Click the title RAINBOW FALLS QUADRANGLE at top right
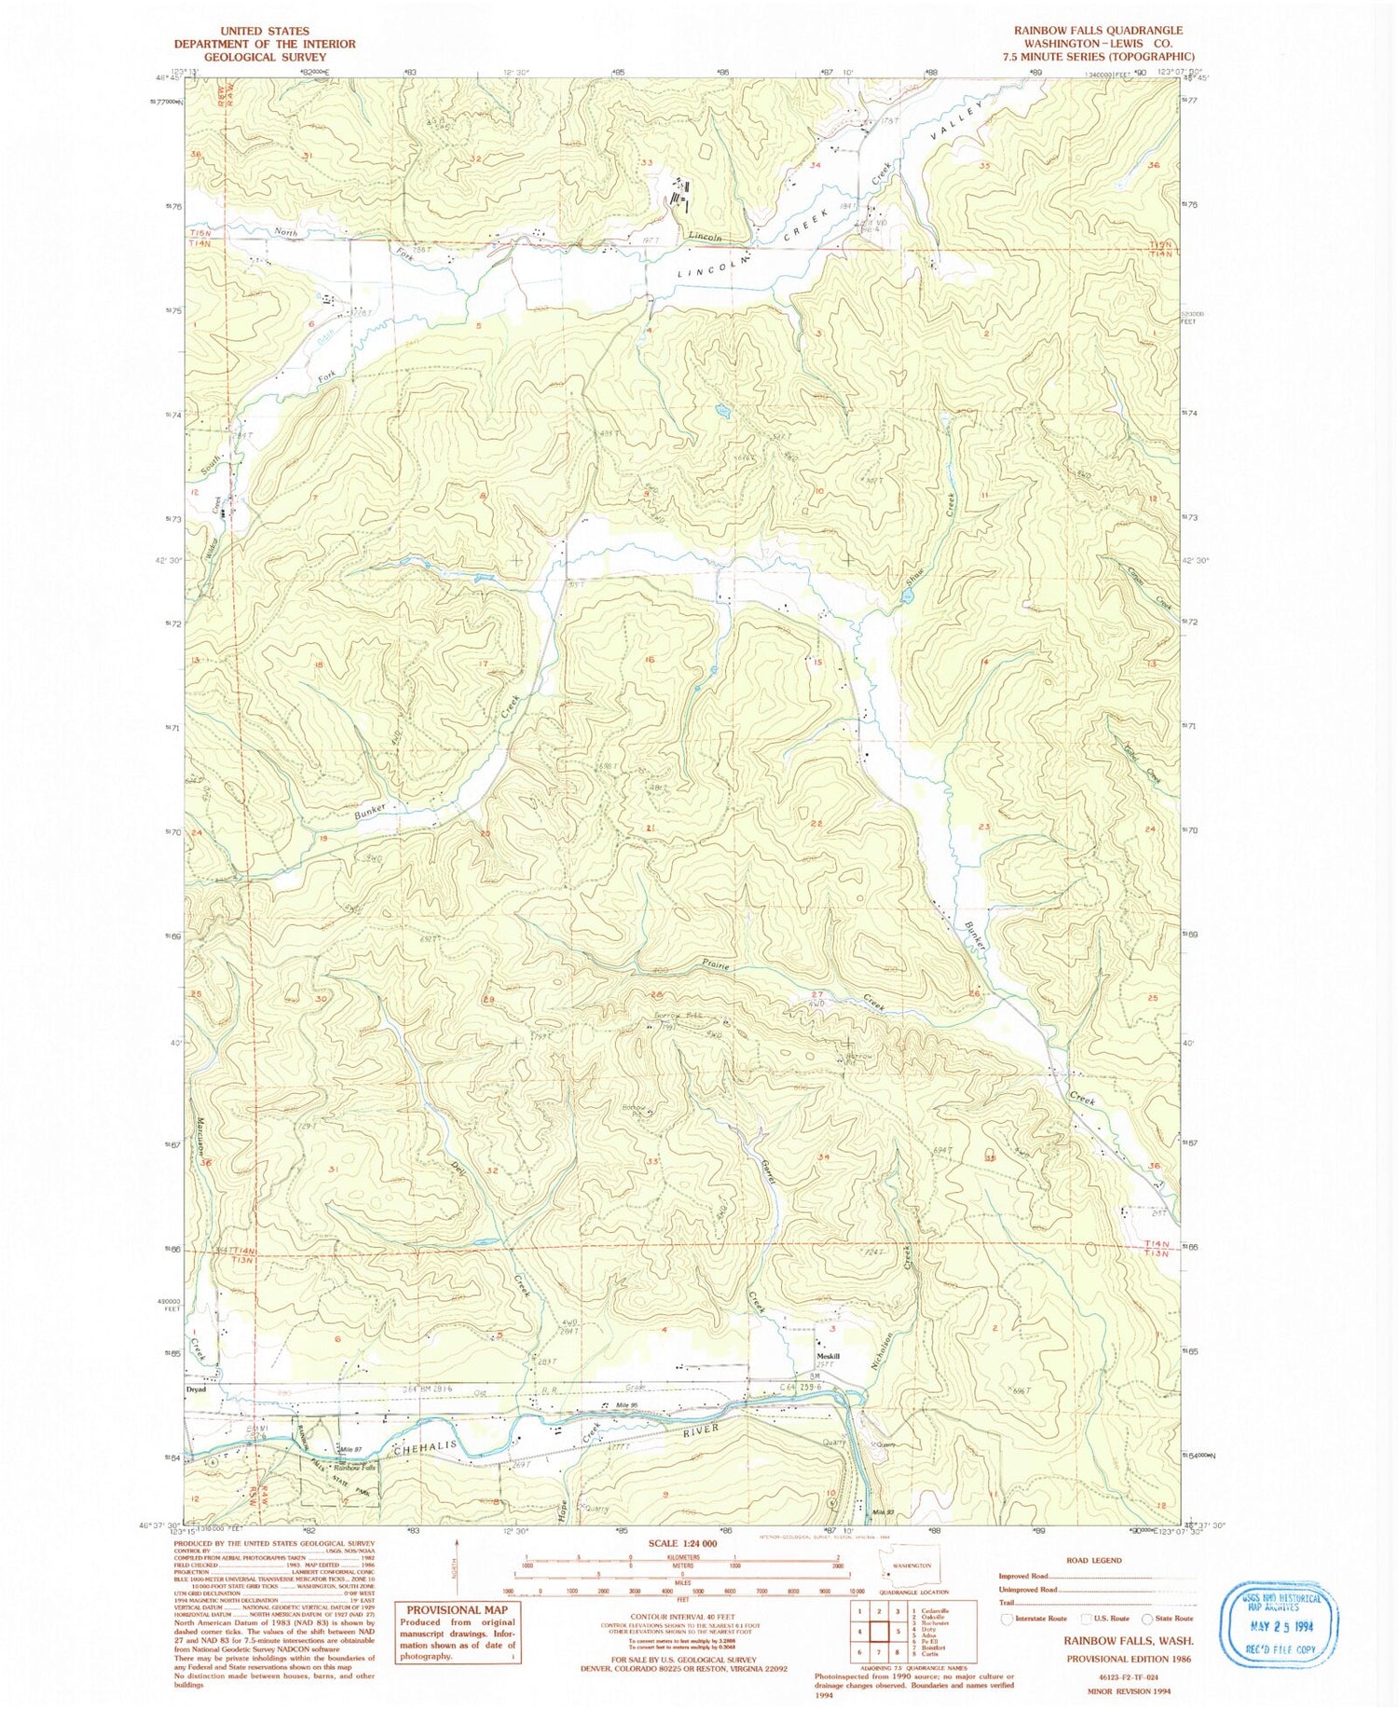coord(1098,31)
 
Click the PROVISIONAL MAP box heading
coord(457,1609)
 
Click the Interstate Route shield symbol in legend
coord(1006,1619)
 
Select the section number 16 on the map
coord(650,660)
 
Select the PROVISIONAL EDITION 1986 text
coord(1129,1659)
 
